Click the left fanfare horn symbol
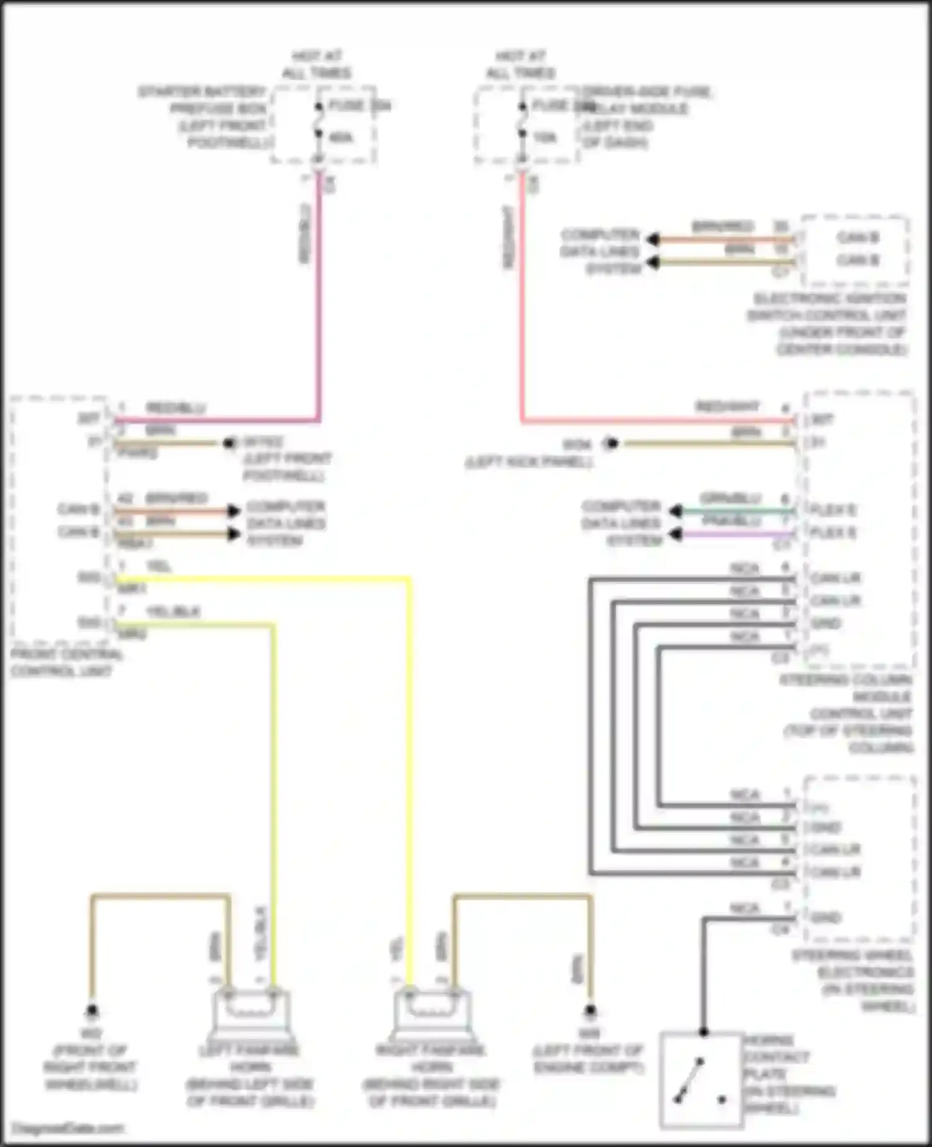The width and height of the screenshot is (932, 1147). pos(251,1013)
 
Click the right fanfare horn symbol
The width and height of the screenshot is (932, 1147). pos(432,1013)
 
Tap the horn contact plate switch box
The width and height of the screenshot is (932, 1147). pos(701,1081)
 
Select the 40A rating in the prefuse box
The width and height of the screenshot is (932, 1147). pos(341,137)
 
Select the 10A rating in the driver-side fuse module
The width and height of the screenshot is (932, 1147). pos(545,137)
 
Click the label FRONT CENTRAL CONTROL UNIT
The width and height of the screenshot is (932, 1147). pos(66,663)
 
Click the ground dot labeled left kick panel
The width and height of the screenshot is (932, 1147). pos(612,444)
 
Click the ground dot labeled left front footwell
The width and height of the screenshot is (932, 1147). pos(229,444)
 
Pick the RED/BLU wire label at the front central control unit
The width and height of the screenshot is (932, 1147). pos(176,408)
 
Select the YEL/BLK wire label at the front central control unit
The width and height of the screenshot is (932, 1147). pos(173,612)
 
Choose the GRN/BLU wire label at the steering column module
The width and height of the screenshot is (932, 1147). pos(731,498)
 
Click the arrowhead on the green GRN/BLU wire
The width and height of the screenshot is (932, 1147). pos(675,511)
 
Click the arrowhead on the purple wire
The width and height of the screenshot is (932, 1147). pos(675,534)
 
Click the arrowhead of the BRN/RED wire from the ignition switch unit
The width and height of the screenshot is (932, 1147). pos(652,240)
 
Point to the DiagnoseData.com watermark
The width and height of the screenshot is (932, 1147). pos(68,1128)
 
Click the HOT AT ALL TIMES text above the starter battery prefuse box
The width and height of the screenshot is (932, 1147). pos(317,65)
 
